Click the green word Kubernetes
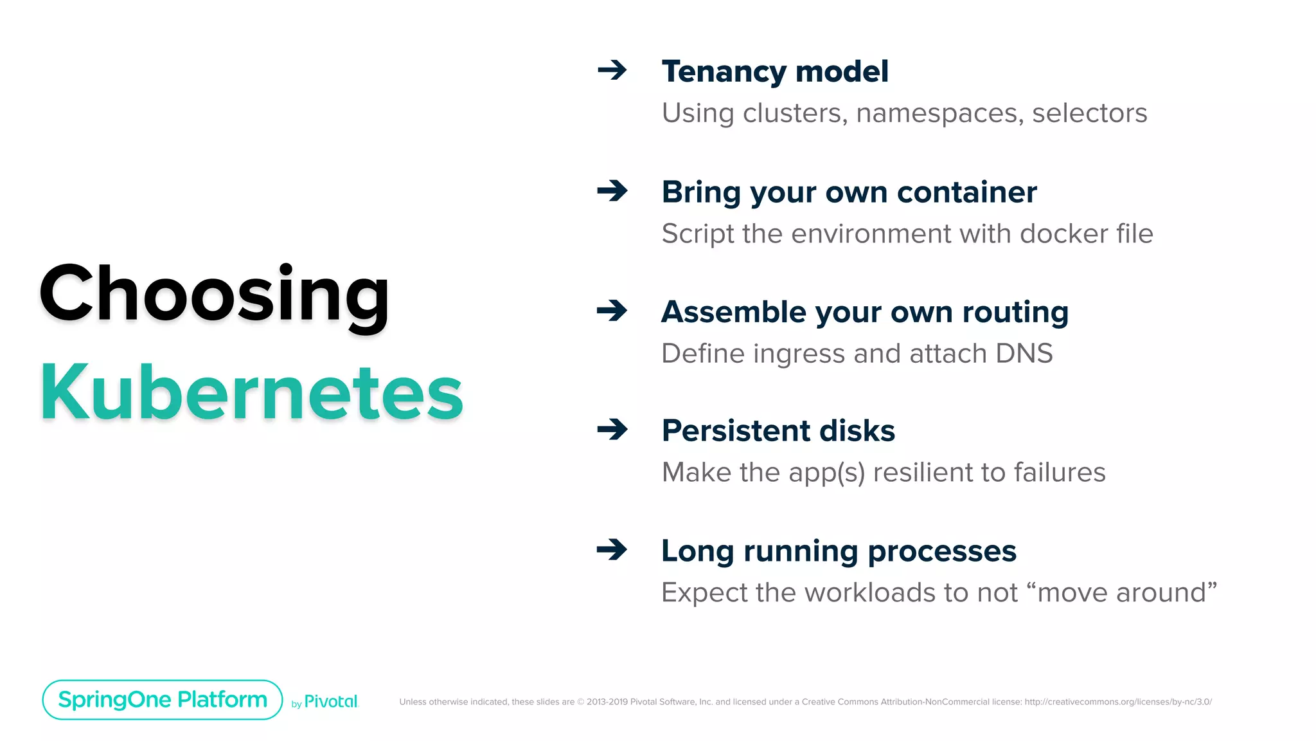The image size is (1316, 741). [251, 392]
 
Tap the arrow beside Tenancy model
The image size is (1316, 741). [612, 69]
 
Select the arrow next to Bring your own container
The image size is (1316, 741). [612, 190]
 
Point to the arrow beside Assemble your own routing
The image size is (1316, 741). [612, 311]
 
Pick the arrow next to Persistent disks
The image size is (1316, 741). [612, 429]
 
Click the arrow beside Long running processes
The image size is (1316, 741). [612, 549]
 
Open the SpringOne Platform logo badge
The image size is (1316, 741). [163, 700]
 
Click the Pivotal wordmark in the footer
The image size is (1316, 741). [330, 702]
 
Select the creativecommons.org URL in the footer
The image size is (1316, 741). [1118, 702]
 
